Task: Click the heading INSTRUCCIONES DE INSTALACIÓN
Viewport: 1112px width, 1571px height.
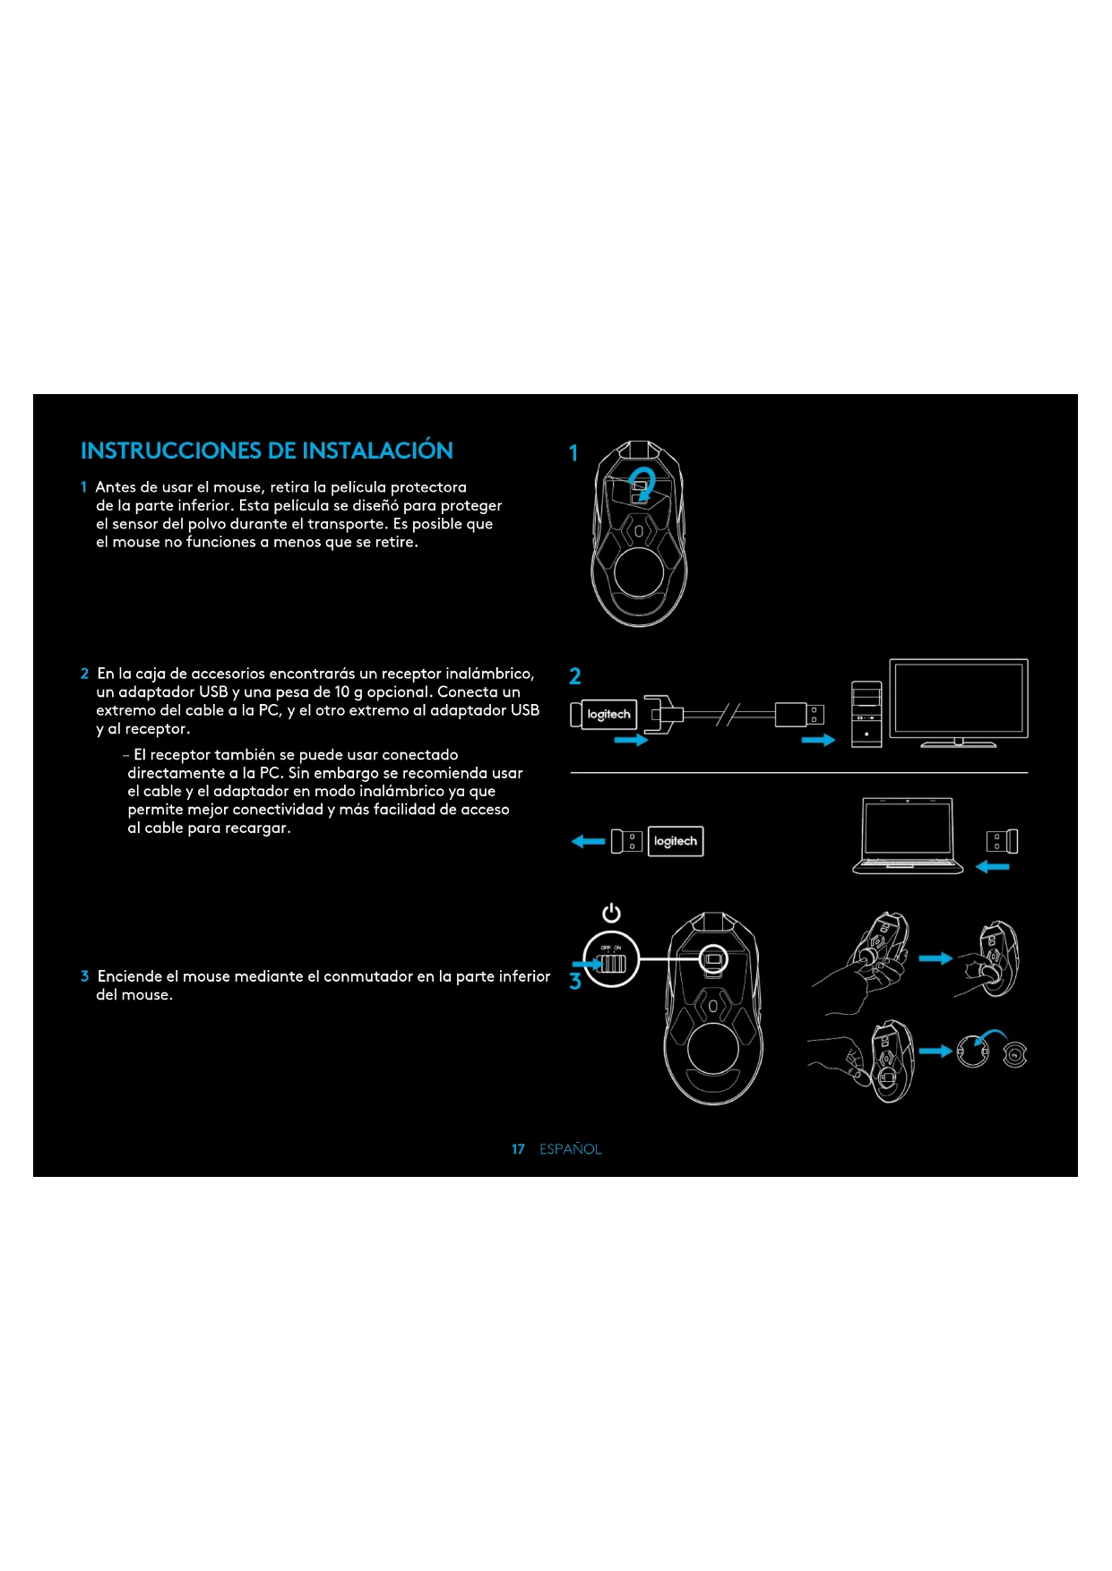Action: [x=266, y=451]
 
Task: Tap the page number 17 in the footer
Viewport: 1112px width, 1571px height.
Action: [x=518, y=1149]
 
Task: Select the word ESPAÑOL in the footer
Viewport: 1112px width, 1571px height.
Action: [x=570, y=1149]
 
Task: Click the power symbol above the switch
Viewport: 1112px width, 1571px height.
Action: [x=611, y=913]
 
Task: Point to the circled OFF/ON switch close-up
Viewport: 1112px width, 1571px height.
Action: [x=611, y=961]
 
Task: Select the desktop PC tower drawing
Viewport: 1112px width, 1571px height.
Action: [x=866, y=714]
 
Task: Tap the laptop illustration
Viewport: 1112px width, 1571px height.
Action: [x=907, y=836]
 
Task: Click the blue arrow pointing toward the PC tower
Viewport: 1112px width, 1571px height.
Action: [x=817, y=740]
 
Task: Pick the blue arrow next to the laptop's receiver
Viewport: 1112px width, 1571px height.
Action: [x=992, y=866]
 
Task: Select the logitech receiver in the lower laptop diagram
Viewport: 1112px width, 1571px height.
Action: [x=675, y=841]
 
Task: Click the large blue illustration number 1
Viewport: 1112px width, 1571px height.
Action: [x=573, y=453]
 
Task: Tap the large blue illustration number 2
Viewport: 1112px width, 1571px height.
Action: [x=574, y=676]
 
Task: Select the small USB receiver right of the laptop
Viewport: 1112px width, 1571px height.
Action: [x=1002, y=841]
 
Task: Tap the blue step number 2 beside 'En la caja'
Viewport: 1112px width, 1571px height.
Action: [x=84, y=674]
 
